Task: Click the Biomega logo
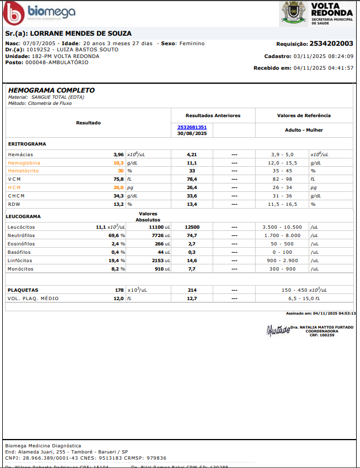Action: tap(39, 12)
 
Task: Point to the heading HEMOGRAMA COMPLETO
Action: tap(51, 90)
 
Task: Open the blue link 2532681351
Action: tap(192, 127)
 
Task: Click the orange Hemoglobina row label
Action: tap(24, 162)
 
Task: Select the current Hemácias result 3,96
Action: tap(118, 154)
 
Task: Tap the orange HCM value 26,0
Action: tap(118, 188)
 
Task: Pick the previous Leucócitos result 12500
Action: tap(192, 227)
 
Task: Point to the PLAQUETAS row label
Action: tap(22, 290)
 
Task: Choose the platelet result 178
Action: tap(119, 290)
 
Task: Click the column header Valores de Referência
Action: tap(304, 115)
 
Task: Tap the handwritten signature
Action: tap(278, 330)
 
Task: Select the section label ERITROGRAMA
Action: tap(27, 143)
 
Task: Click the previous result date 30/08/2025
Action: tap(192, 133)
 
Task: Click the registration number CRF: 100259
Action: tap(322, 335)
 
